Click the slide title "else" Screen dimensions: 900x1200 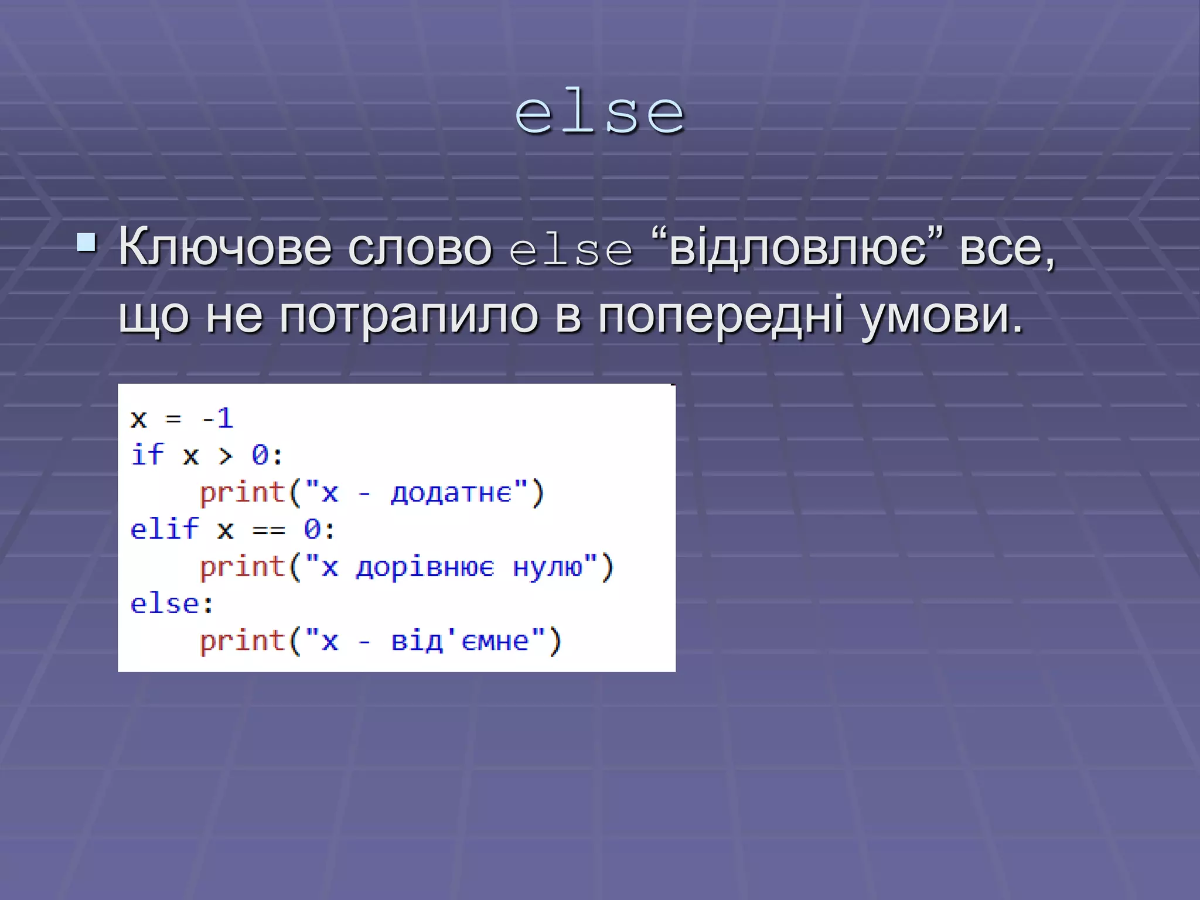coord(599,114)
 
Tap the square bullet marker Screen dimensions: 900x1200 coord(87,242)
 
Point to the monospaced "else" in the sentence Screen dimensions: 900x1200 coord(571,251)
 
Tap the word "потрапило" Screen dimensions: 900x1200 coord(408,316)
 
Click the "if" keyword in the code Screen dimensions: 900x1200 coord(146,455)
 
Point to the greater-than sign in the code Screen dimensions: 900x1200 coord(226,456)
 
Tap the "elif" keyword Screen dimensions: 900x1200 coord(164,529)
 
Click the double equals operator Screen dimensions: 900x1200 coord(268,530)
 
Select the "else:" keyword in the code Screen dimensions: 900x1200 coord(172,604)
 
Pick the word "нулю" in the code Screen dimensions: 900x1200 coord(548,567)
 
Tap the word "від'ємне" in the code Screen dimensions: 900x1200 coord(460,641)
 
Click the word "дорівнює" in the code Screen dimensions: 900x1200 coord(425,567)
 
